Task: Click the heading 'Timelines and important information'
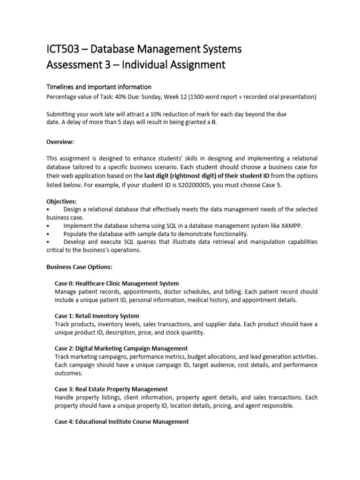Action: [x=99, y=87]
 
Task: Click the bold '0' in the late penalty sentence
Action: [x=215, y=122]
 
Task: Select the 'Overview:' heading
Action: [x=60, y=142]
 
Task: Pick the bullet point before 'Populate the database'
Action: [x=48, y=234]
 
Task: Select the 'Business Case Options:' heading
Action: [x=79, y=267]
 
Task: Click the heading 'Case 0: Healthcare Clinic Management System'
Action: [x=117, y=283]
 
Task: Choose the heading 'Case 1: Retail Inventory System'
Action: [x=97, y=316]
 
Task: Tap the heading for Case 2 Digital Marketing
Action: [x=121, y=348]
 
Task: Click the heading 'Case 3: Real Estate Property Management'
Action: [x=112, y=389]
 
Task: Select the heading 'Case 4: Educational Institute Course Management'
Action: [x=122, y=421]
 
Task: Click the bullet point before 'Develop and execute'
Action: [x=48, y=242]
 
